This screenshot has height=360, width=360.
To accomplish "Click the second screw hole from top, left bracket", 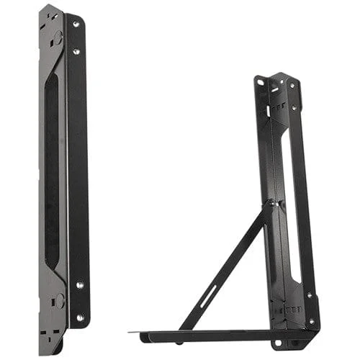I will (76, 51).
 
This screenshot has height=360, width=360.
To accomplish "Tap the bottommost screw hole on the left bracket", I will (80, 316).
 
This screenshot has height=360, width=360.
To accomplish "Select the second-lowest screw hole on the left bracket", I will (79, 285).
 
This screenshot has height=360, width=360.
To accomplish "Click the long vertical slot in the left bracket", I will (52, 173).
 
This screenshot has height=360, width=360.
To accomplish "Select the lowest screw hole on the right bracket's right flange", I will (311, 321).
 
